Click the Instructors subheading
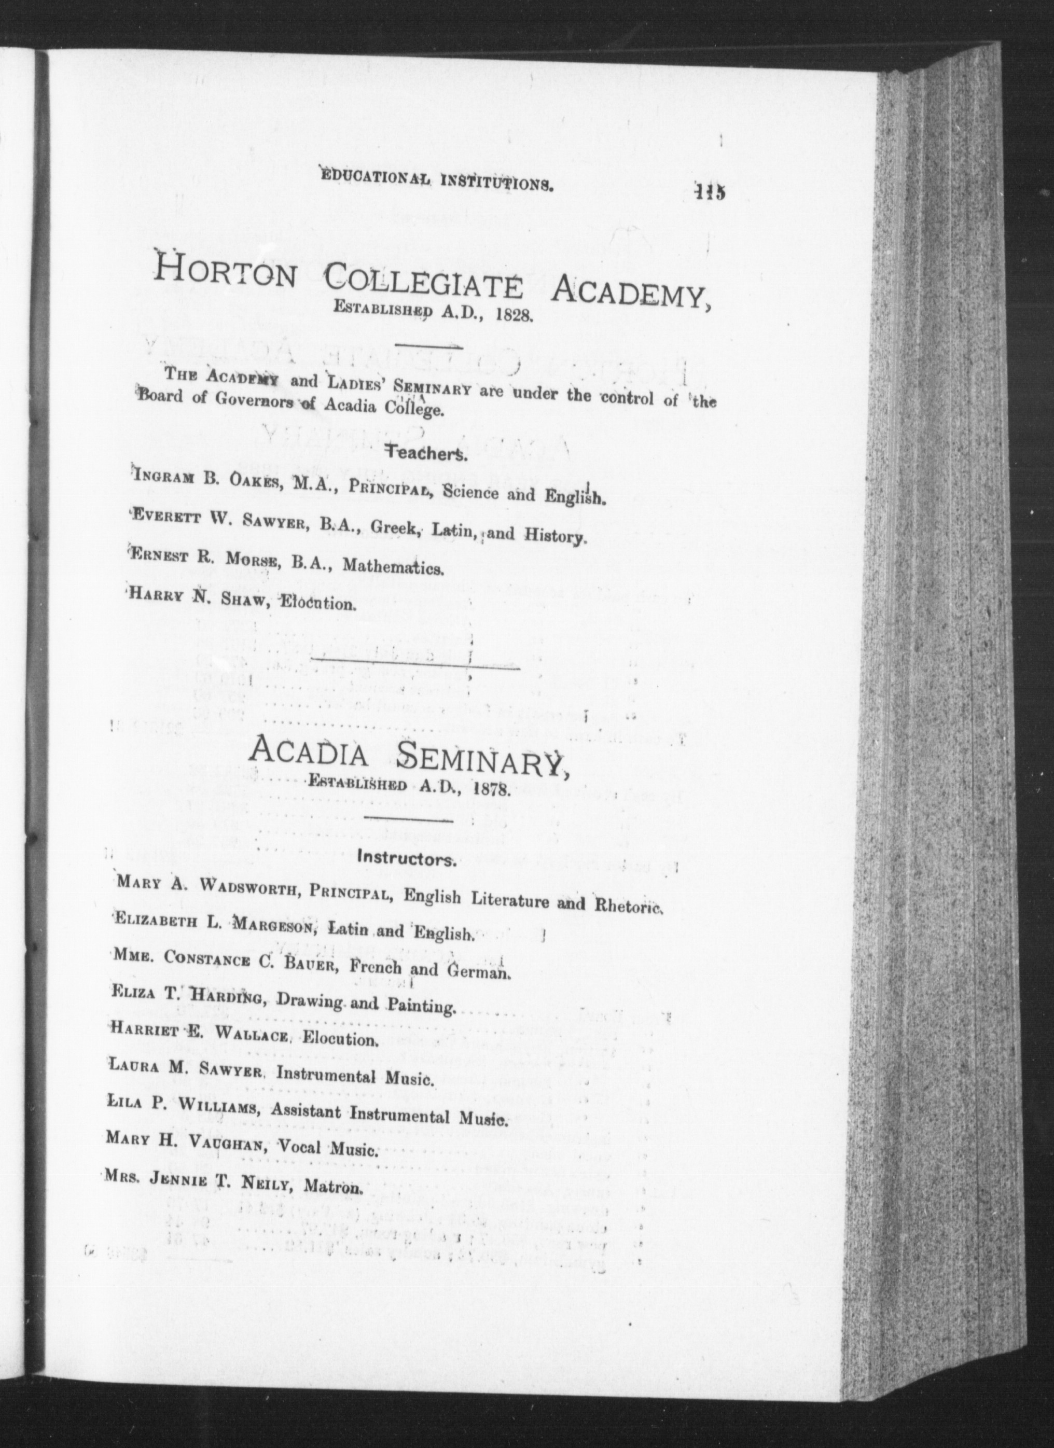407,858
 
